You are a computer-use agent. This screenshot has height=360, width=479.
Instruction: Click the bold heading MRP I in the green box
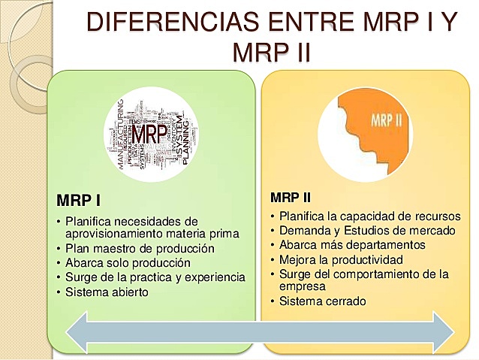[79, 201]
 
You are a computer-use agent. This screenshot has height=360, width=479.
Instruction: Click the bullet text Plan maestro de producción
[140, 249]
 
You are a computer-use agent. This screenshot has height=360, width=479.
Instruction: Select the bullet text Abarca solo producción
[128, 263]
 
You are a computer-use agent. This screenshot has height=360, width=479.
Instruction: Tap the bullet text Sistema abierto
[107, 292]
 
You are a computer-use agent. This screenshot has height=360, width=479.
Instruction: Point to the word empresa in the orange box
[303, 286]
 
